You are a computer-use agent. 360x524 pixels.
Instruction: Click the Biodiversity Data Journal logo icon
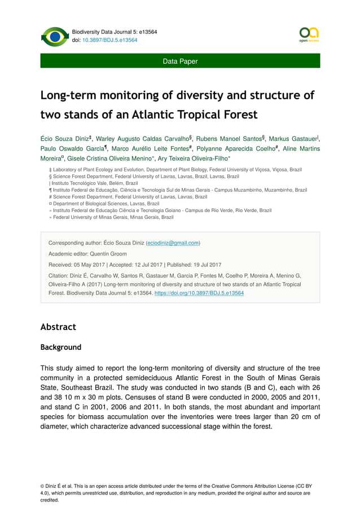click(55, 37)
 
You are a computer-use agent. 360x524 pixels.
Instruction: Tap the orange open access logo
click(309, 35)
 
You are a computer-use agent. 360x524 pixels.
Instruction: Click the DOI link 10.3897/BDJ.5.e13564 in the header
click(111, 40)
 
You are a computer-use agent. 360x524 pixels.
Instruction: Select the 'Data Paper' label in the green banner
click(180, 61)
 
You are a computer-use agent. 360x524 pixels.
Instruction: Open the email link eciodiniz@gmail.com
click(172, 243)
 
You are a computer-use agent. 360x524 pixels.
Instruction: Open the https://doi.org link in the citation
click(199, 293)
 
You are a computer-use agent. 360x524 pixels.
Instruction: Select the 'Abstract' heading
click(58, 327)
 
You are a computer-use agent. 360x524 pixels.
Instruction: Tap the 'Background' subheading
click(60, 347)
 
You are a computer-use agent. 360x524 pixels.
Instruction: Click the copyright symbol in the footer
click(43, 486)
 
